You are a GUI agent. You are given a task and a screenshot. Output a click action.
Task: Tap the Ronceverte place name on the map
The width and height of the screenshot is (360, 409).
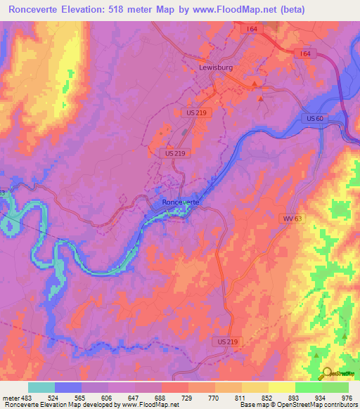coord(181,202)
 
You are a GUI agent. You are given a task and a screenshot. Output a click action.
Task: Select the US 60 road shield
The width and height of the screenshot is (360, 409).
coord(314,118)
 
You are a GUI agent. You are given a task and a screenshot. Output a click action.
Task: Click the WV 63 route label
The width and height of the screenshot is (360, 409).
coord(293,219)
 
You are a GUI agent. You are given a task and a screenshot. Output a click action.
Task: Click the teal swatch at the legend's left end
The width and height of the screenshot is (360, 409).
coord(41,387)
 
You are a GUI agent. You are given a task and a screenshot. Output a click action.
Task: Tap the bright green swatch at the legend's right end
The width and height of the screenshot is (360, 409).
coord(335,387)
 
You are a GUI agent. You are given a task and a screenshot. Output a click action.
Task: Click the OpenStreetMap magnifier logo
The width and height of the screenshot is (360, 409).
coord(327,374)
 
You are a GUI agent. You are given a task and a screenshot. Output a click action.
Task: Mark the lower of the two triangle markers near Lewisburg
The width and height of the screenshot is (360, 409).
coord(261,99)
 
